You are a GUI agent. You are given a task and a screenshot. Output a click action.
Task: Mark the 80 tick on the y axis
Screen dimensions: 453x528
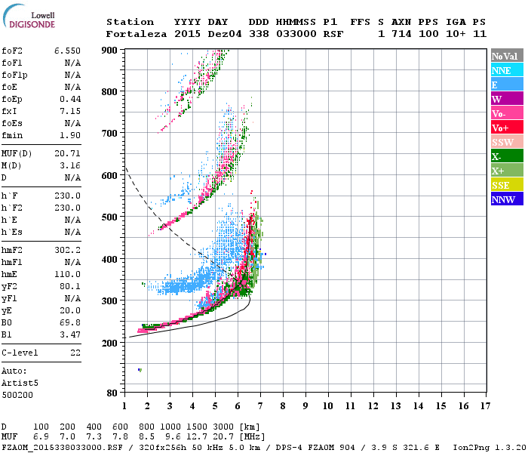click(112, 393)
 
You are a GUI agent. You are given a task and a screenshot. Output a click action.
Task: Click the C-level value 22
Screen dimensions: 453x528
click(75, 353)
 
